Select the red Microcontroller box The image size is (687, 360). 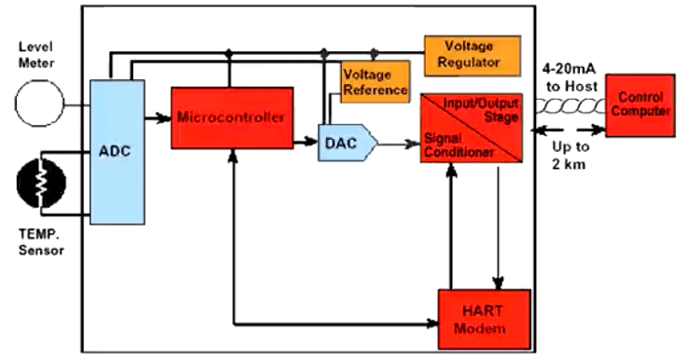(x=227, y=118)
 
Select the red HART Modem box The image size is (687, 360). (x=484, y=319)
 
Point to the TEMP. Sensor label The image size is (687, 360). (x=40, y=244)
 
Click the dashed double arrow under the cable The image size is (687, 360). (x=568, y=131)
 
